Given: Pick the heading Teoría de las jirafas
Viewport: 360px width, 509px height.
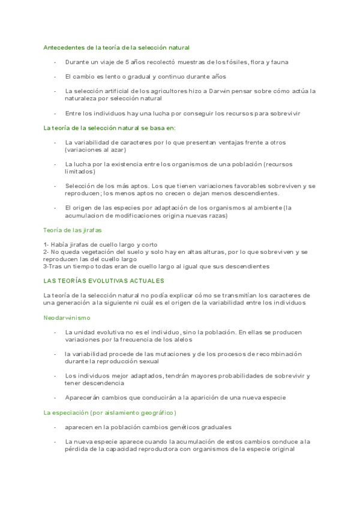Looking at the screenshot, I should point(73,230).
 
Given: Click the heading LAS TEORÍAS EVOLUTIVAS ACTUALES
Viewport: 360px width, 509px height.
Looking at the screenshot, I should point(104,280).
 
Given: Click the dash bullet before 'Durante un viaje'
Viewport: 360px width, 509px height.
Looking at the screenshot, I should point(55,62).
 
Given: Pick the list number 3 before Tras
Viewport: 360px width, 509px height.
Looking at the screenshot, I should point(45,266).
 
